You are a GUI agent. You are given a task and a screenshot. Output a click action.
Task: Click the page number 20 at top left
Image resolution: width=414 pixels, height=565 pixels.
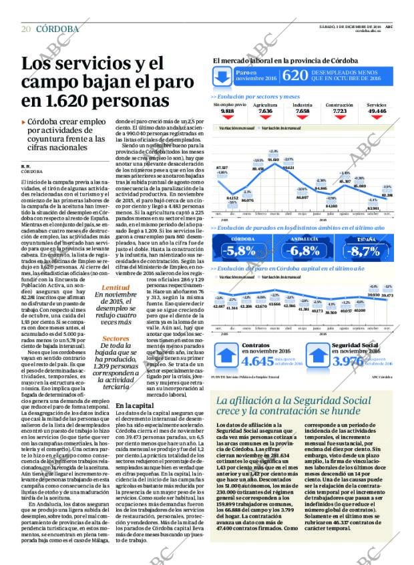tap(26, 29)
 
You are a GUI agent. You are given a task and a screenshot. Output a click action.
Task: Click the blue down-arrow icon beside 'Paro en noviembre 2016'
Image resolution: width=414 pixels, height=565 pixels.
tap(222, 77)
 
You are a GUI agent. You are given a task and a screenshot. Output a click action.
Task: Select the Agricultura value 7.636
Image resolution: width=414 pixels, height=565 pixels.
tap(265, 111)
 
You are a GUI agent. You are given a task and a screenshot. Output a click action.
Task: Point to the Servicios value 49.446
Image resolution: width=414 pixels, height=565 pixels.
tap(377, 111)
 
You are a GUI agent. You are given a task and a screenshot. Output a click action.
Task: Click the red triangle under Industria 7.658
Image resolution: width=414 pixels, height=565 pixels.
tap(302, 118)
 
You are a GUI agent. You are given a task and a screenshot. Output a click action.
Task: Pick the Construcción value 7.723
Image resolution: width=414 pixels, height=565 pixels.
tap(339, 111)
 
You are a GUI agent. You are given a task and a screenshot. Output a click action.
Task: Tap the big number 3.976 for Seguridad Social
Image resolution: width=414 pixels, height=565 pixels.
tap(347, 362)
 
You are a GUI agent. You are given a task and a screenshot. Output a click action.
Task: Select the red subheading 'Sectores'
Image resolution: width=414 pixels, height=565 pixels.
tap(97, 338)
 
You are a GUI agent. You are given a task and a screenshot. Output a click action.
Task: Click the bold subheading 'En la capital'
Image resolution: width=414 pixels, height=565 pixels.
tap(134, 405)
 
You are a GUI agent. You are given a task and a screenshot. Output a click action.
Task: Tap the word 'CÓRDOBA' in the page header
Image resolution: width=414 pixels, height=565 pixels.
tap(57, 29)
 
